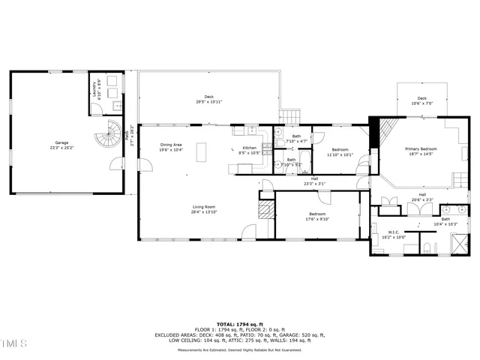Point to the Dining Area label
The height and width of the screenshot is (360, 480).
171,145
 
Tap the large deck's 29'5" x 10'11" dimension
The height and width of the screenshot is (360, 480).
209,101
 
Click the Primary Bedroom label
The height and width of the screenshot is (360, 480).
421,149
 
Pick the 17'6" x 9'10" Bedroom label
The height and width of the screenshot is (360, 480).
317,215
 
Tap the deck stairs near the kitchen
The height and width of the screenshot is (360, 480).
290,116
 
